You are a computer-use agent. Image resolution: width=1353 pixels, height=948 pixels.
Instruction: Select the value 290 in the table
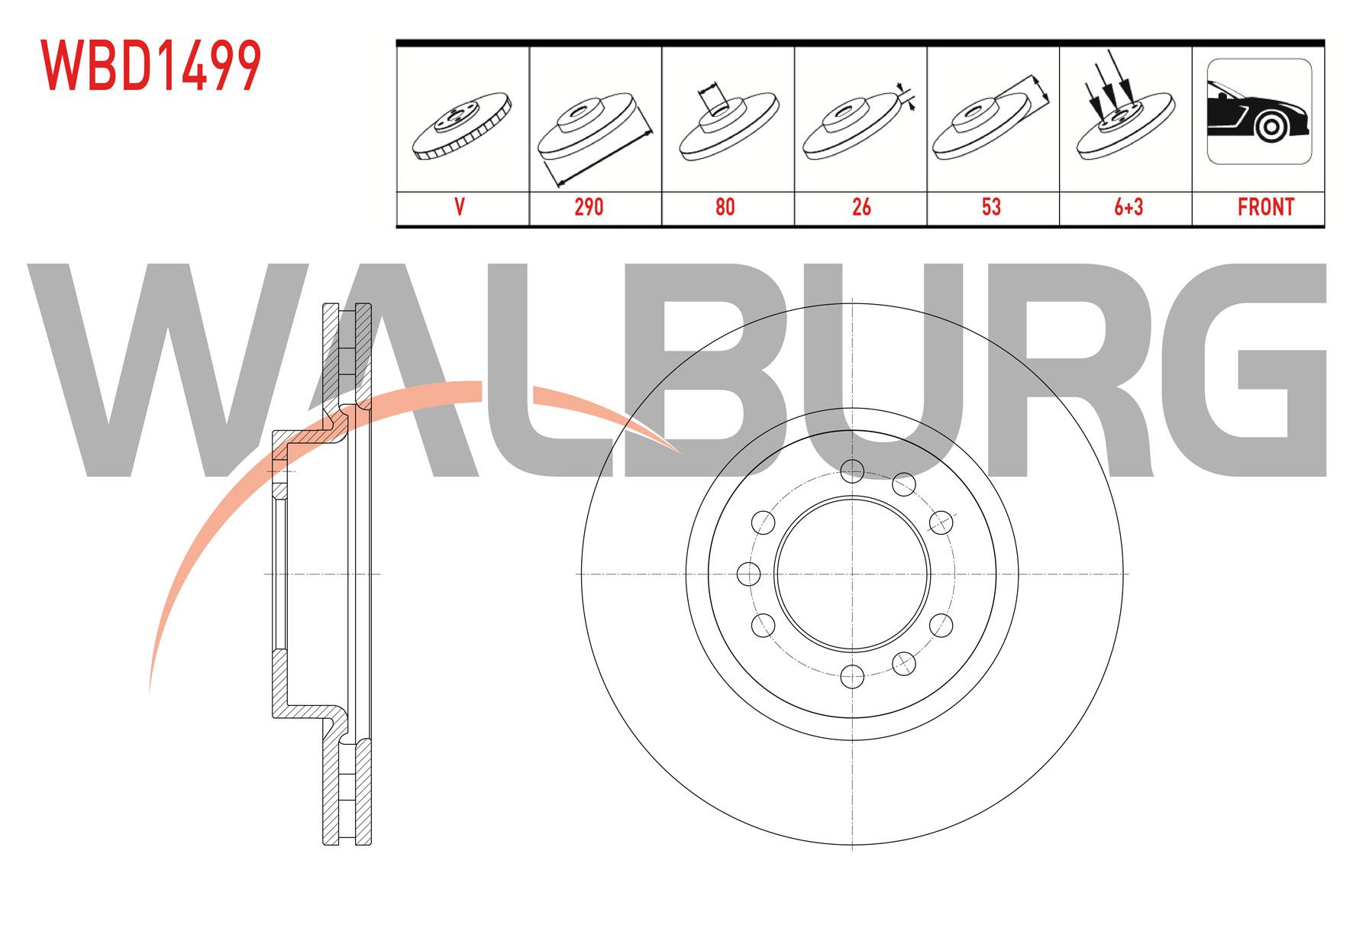[x=589, y=207]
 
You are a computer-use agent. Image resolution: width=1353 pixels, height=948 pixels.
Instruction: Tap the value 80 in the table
[x=725, y=207]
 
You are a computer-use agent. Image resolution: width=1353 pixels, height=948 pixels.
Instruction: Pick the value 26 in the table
[x=861, y=207]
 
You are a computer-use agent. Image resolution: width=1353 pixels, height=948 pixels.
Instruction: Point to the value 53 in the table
[x=991, y=207]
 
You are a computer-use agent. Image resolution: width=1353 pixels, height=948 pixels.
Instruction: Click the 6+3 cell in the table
[x=1127, y=207]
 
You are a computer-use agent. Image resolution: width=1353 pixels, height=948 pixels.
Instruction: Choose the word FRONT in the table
[x=1265, y=207]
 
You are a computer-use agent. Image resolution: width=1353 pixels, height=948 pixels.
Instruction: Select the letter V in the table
[x=460, y=207]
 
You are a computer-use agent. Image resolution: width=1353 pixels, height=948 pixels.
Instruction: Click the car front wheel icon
[x=1259, y=112]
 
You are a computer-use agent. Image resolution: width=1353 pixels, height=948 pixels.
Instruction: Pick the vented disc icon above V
[x=461, y=126]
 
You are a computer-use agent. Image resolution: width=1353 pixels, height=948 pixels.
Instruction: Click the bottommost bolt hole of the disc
[x=851, y=675]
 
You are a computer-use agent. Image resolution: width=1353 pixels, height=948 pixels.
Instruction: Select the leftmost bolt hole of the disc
[x=749, y=573]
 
